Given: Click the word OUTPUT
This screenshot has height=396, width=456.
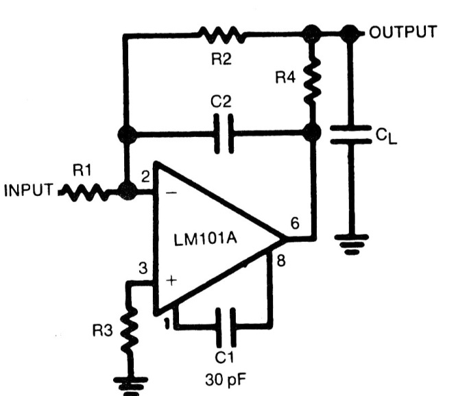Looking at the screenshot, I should point(403,32).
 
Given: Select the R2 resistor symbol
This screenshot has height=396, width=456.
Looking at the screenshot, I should point(220,33).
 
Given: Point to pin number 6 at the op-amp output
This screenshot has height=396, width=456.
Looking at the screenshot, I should point(296,223).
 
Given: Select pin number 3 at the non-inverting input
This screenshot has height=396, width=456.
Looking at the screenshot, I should point(143,269).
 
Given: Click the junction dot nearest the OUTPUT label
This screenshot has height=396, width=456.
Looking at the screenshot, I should point(350,32).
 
